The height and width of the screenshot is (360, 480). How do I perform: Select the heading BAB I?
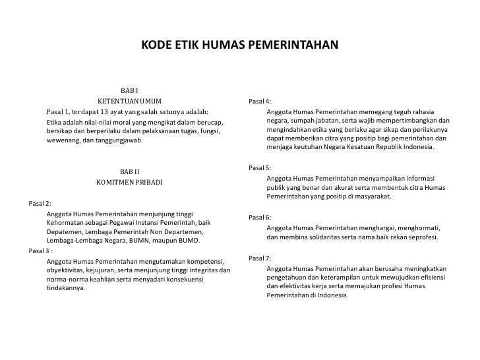coord(129,90)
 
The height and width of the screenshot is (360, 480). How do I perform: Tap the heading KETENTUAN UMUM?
coord(129,102)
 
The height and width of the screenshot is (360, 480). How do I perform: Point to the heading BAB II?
coord(129,171)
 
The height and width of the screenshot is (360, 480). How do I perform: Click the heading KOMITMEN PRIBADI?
coord(129,182)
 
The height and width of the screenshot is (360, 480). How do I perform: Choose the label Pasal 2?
coord(40,203)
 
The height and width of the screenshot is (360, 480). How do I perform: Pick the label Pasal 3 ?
coord(41,250)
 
